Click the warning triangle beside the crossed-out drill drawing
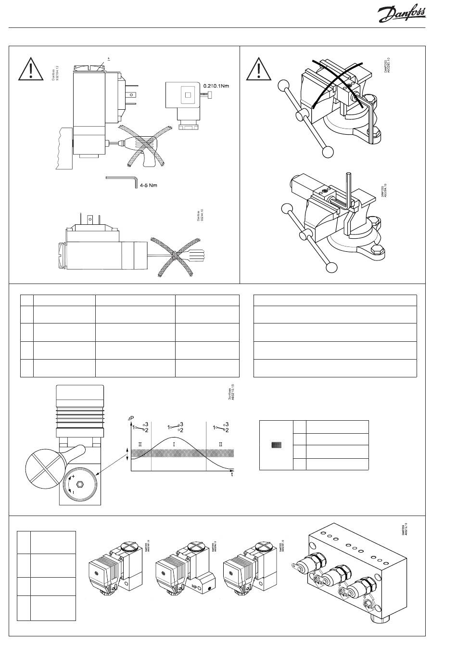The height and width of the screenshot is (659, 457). pyautogui.click(x=31, y=70)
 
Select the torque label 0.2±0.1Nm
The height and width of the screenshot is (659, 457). pyautogui.click(x=216, y=86)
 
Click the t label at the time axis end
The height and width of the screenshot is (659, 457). pyautogui.click(x=232, y=474)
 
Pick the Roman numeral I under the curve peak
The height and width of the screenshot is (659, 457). pyautogui.click(x=174, y=444)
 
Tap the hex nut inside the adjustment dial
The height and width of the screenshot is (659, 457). pyautogui.click(x=80, y=482)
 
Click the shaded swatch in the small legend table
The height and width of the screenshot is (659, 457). pyautogui.click(x=276, y=445)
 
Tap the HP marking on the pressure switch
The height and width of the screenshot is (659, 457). pyautogui.click(x=195, y=587)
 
